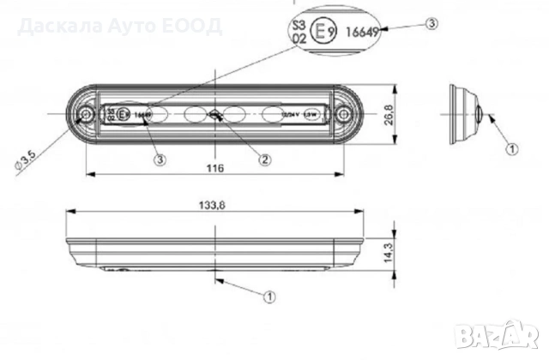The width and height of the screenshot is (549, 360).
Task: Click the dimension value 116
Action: point(215,169)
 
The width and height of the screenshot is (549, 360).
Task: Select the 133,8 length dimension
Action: point(215,204)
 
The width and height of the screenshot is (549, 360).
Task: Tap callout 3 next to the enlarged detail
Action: point(431,23)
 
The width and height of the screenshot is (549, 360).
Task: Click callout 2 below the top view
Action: point(266,159)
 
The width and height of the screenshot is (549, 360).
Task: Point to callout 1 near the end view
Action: point(512,148)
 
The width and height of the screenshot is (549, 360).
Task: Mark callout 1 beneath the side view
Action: point(268,296)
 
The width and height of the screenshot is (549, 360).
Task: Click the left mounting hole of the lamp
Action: point(85,115)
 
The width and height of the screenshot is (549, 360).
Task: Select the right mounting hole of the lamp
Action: point(345,113)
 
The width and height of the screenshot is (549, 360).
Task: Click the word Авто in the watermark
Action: point(118,24)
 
